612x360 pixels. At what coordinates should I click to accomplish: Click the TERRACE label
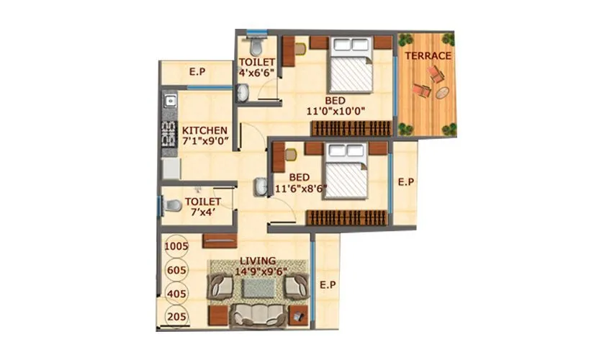pyautogui.click(x=428, y=55)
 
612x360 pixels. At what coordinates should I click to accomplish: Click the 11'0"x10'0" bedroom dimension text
pyautogui.click(x=335, y=112)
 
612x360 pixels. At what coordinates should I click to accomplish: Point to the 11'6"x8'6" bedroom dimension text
pyautogui.click(x=302, y=189)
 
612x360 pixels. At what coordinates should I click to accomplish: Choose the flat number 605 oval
pyautogui.click(x=176, y=270)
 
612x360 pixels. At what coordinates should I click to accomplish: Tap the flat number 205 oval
pyautogui.click(x=176, y=316)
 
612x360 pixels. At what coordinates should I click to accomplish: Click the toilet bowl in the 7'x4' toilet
pyautogui.click(x=171, y=207)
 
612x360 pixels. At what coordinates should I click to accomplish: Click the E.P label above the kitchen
pyautogui.click(x=197, y=72)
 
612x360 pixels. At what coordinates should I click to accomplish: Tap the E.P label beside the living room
pyautogui.click(x=328, y=285)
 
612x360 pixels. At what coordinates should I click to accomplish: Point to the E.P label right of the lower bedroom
pyautogui.click(x=406, y=183)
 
